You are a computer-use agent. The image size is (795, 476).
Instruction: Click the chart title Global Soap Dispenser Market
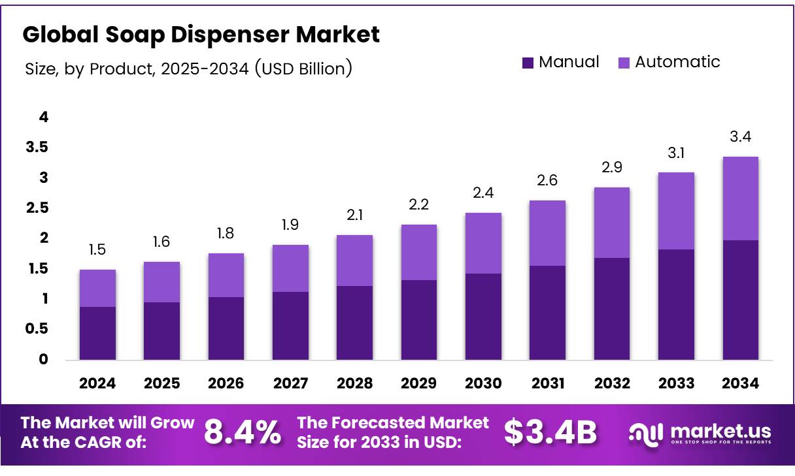point(201,35)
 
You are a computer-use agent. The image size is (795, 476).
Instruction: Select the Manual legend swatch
point(528,63)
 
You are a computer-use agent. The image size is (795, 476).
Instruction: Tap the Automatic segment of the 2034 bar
point(740,198)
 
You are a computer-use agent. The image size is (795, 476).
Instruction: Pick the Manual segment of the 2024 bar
point(97,333)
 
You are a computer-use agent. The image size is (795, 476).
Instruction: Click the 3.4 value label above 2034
point(740,138)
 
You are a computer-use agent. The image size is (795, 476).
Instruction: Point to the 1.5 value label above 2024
point(97,250)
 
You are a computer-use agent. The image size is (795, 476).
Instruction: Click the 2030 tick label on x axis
point(482,383)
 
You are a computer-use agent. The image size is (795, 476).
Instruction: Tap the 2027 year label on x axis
point(290,383)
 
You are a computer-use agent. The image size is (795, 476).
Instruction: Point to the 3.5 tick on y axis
point(37,148)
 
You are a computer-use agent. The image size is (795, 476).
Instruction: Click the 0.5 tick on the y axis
point(37,329)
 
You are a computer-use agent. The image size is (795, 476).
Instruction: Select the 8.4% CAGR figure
point(243,432)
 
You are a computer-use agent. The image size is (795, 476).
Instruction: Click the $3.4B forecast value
point(550,432)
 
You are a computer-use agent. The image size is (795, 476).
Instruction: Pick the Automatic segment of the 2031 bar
point(547,232)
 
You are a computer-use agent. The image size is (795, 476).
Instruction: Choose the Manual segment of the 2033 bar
point(676,304)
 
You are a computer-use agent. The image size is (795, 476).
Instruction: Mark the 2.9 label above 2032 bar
point(611,167)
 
